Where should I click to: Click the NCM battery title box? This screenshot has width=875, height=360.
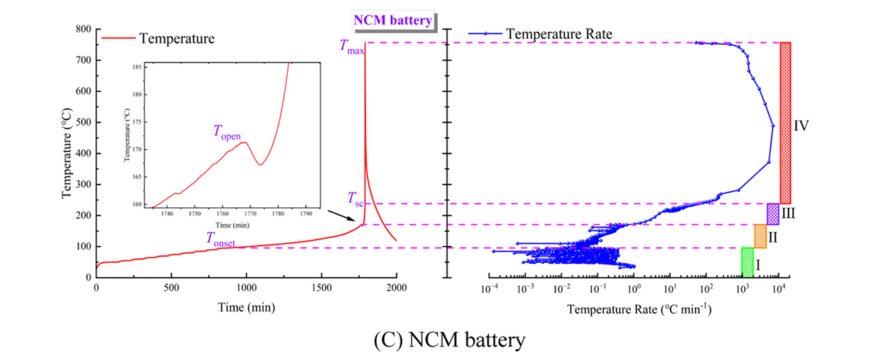pyautogui.click(x=394, y=21)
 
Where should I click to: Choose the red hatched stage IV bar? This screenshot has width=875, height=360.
pyautogui.click(x=785, y=123)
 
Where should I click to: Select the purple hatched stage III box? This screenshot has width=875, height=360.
pyautogui.click(x=773, y=214)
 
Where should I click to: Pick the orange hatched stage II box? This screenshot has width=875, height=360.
pyautogui.click(x=760, y=236)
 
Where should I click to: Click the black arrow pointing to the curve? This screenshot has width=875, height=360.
pyautogui.click(x=340, y=217)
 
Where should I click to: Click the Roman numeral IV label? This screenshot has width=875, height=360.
pyautogui.click(x=802, y=126)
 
